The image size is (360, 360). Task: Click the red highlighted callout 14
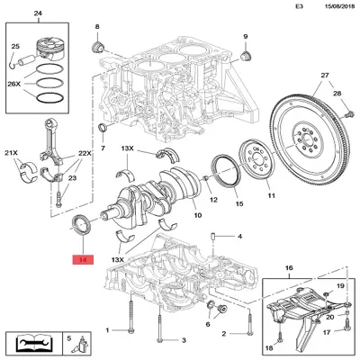click(83, 261)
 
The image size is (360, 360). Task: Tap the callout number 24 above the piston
click(37, 13)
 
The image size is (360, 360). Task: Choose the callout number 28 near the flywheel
click(337, 94)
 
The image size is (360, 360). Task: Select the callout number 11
click(268, 193)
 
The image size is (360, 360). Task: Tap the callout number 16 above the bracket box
click(288, 269)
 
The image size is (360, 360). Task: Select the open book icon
click(31, 344)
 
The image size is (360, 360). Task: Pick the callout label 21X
click(13, 154)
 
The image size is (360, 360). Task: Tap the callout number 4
click(239, 237)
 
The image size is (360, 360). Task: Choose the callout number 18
click(269, 347)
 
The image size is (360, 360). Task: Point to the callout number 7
click(102, 147)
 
